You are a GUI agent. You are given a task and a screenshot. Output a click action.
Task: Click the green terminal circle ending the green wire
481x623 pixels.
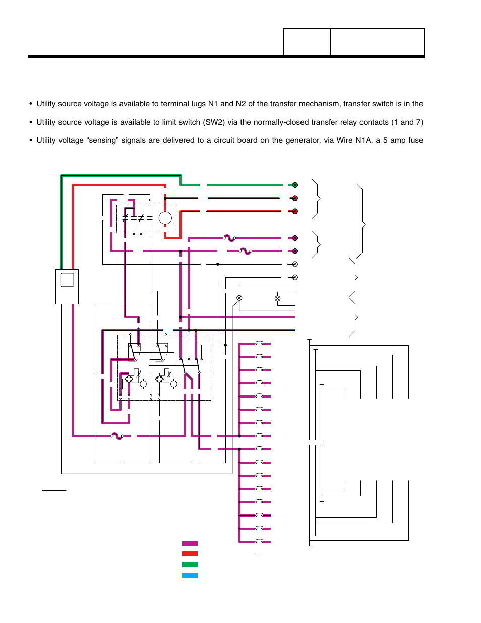(x=295, y=185)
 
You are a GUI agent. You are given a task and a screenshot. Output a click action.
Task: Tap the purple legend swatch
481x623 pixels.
(x=190, y=543)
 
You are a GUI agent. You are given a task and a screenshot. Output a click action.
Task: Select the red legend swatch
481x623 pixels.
(x=190, y=554)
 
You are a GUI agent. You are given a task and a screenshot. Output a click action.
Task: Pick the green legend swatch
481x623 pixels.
(x=190, y=564)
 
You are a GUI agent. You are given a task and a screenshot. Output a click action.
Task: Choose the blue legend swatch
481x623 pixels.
(x=190, y=575)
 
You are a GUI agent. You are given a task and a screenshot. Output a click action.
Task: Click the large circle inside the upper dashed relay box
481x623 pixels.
(x=165, y=218)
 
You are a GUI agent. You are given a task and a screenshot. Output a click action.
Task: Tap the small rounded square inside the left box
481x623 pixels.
(x=67, y=279)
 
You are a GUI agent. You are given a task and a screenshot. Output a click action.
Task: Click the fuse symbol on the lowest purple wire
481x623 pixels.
(x=117, y=436)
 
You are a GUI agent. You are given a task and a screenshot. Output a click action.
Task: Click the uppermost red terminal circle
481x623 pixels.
(x=295, y=198)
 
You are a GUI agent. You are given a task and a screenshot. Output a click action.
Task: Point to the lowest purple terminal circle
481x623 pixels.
(x=295, y=251)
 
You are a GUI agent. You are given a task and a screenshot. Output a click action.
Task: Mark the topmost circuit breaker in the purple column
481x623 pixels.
(x=259, y=343)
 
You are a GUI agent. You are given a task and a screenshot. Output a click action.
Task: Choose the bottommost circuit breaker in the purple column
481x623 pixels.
(x=259, y=541)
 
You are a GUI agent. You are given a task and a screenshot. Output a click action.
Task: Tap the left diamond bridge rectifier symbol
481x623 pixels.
(x=129, y=379)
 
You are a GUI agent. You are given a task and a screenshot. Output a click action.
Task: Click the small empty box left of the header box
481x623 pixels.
(x=307, y=42)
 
